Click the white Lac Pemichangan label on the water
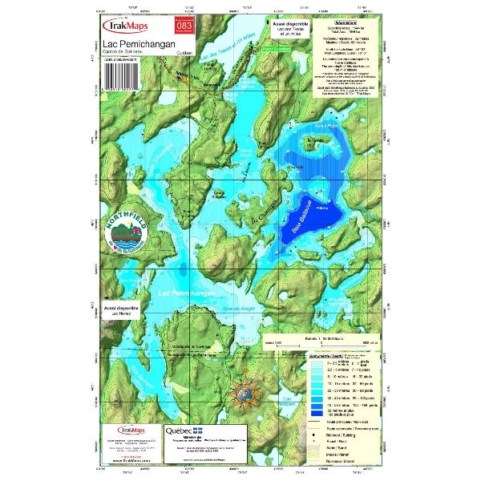click(186, 295)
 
